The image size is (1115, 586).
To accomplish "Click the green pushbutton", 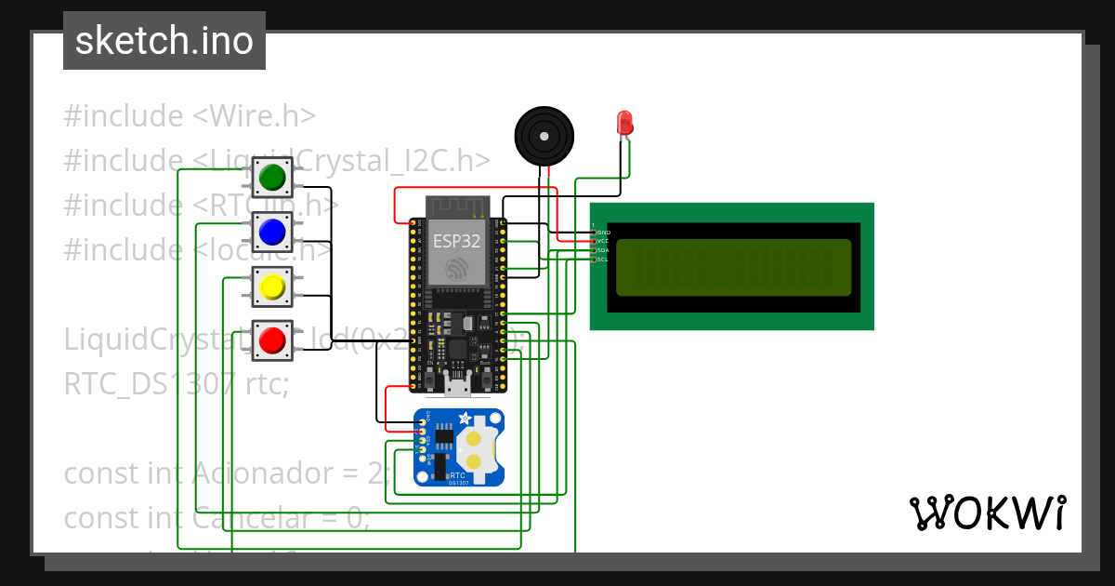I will click(x=272, y=176).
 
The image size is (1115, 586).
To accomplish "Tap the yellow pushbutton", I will click(x=272, y=286).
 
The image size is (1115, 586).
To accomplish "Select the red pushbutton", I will click(x=272, y=340).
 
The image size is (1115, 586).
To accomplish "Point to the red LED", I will click(x=624, y=123).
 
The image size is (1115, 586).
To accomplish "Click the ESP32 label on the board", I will click(x=456, y=241).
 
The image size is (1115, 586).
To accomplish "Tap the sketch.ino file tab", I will click(x=164, y=41).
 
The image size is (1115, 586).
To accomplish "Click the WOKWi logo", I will click(x=987, y=513).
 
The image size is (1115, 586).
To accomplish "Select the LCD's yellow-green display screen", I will click(x=733, y=267).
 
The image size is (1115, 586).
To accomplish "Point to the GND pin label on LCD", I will click(x=603, y=233).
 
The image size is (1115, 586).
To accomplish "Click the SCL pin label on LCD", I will click(x=603, y=260).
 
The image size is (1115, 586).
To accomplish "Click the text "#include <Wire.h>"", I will click(x=190, y=116).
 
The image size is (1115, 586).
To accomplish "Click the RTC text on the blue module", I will click(x=458, y=474).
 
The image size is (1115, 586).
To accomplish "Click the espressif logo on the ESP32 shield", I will click(x=456, y=270).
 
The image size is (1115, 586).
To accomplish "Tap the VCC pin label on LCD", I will click(x=603, y=241).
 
